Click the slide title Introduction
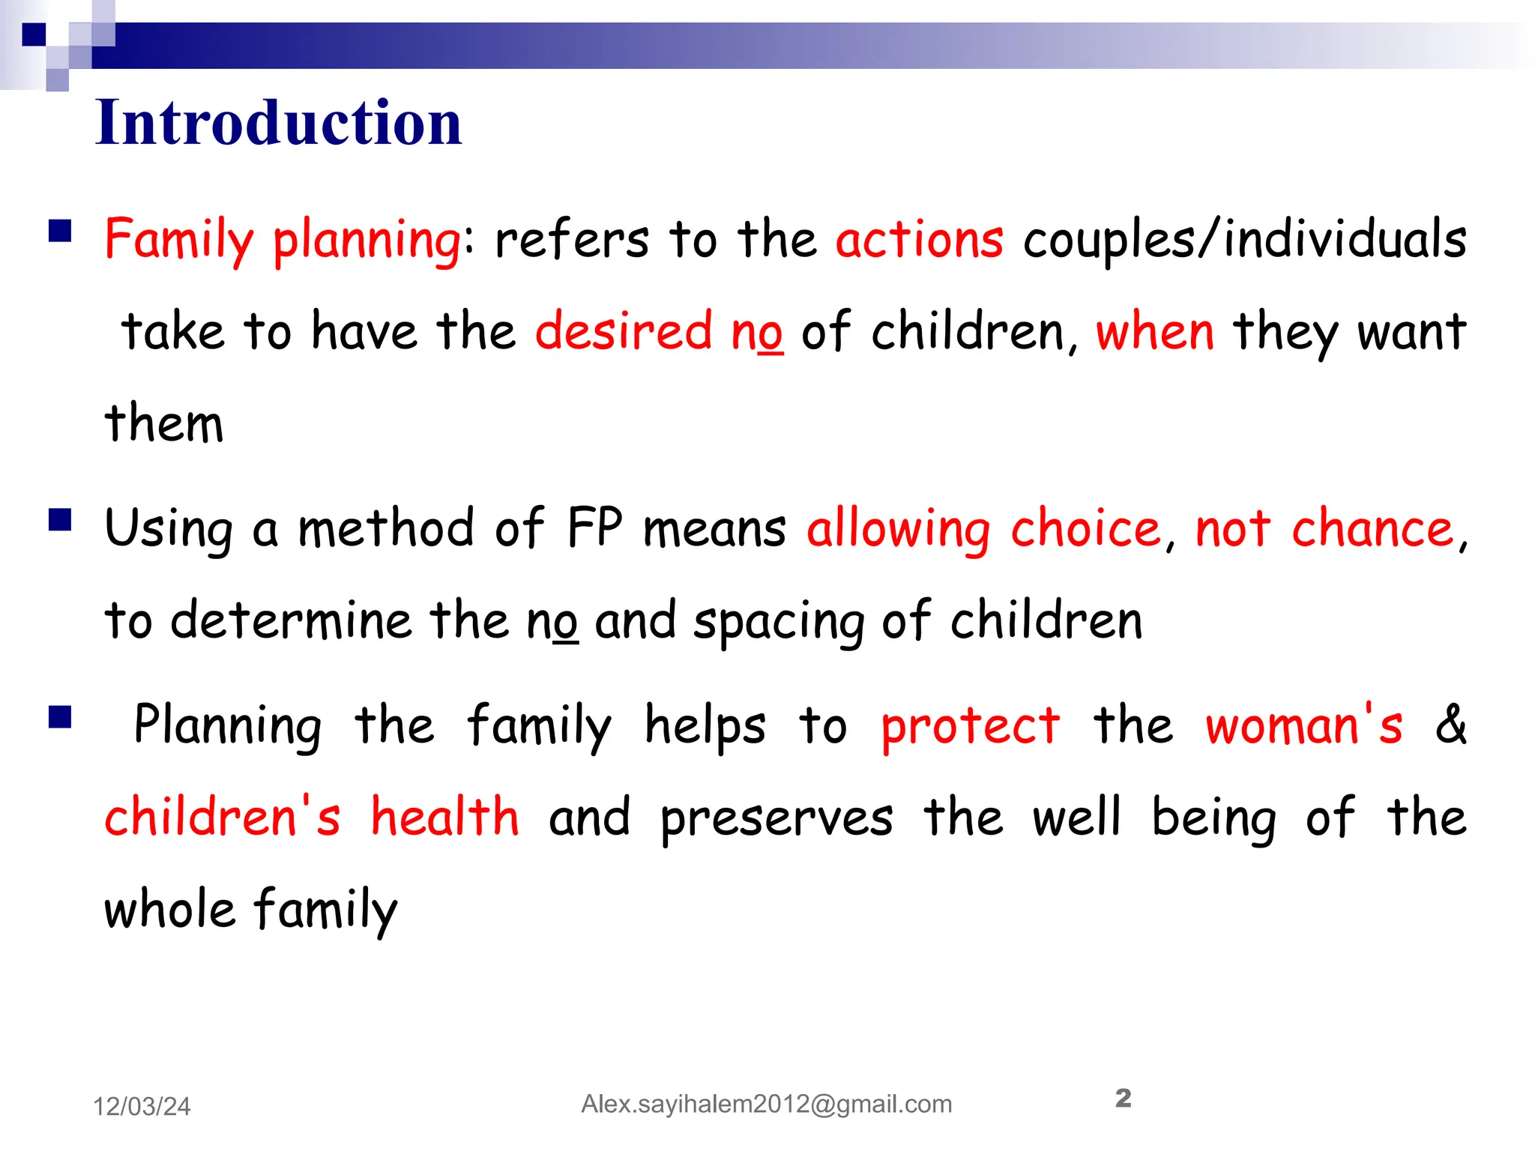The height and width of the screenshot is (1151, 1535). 278,122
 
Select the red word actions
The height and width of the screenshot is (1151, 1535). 919,241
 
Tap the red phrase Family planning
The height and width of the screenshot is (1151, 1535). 283,241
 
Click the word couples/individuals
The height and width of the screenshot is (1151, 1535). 1244,241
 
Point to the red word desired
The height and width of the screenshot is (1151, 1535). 623,331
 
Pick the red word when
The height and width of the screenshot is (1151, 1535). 1154,331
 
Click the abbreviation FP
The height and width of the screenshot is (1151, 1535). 594,528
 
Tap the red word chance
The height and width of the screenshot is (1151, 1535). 1372,528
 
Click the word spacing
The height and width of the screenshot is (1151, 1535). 778,622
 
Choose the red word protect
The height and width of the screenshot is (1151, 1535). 970,725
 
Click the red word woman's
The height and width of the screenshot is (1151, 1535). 1303,725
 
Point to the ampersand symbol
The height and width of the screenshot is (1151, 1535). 1451,724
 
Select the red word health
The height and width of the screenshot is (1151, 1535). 444,817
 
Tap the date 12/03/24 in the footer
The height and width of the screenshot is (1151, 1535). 142,1106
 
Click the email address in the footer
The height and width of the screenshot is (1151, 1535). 766,1104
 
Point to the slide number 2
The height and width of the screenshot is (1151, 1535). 1123,1099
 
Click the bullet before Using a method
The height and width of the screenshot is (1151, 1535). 60,519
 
